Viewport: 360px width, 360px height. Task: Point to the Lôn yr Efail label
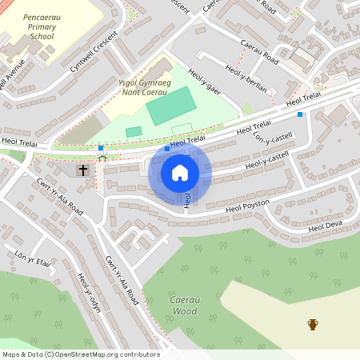click(x=32, y=258)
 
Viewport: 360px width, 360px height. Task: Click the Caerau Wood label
click(x=184, y=305)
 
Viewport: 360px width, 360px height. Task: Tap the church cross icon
click(x=82, y=170)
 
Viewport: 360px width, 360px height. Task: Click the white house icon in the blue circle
click(x=180, y=173)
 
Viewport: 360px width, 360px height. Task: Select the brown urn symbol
click(x=313, y=324)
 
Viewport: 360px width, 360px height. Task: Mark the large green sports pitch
click(x=170, y=106)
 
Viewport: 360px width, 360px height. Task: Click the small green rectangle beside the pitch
click(x=134, y=131)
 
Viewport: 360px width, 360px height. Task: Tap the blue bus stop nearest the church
click(x=101, y=148)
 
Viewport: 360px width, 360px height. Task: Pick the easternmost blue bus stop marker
click(x=300, y=114)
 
